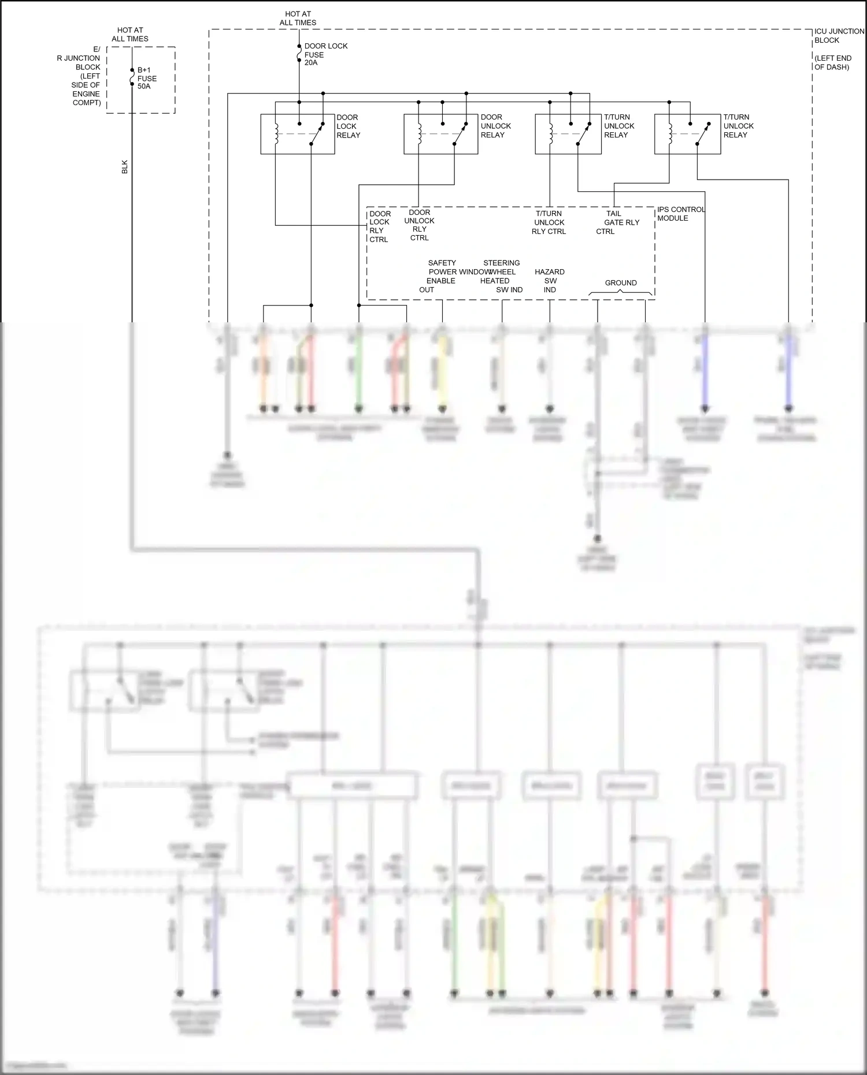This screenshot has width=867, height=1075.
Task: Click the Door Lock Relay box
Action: [297, 134]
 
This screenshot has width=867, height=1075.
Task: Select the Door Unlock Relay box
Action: [440, 134]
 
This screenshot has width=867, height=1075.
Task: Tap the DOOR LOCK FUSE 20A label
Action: [325, 54]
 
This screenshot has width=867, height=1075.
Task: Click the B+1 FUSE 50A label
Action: [146, 78]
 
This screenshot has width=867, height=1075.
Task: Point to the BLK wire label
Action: [124, 167]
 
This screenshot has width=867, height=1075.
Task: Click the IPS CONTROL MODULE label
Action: [680, 214]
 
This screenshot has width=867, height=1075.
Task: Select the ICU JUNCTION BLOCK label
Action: [838, 36]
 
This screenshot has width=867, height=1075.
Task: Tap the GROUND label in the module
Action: [620, 282]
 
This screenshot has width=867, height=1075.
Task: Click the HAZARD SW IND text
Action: [549, 281]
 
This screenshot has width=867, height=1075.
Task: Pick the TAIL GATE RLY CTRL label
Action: [617, 222]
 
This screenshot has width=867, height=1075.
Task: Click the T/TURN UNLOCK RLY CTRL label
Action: [549, 222]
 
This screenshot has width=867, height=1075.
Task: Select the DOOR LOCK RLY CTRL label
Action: [380, 226]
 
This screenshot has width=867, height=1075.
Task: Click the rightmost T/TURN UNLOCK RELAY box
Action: [687, 134]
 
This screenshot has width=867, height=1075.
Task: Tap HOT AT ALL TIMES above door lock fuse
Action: [298, 18]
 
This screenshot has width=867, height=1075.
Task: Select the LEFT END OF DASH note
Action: [832, 62]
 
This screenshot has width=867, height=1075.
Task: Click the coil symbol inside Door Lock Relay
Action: [276, 134]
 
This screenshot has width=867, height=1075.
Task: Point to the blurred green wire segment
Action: [358, 370]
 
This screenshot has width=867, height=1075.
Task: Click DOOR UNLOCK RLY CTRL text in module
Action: [419, 225]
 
